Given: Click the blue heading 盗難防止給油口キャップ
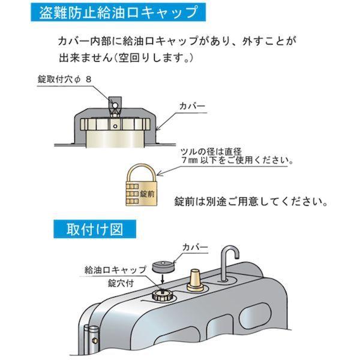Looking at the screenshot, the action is coord(118,12).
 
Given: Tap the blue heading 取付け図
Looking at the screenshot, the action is coord(95,229).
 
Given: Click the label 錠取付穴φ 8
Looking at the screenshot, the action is coord(65,79).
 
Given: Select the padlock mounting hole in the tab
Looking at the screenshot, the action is coord(115,106).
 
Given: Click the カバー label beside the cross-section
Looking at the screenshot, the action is coord(192,106).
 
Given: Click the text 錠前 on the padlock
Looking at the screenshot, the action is coord(147,194).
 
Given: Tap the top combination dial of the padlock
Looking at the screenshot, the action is coord(133,186).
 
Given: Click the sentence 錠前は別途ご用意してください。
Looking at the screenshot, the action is coord(251,202).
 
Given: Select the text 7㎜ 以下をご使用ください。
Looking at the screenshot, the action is coord(237,160).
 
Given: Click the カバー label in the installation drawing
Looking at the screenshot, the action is coord(195,247).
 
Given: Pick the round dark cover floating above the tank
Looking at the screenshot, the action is coord(163,266).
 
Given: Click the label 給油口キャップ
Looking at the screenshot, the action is coord(115,270).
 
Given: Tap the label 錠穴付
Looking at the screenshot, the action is coord(121,283).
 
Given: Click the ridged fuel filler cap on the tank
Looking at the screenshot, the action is coord(163,295).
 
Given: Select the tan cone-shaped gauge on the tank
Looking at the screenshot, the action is coord(195,280).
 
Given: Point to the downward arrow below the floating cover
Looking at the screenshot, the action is coord(163,278).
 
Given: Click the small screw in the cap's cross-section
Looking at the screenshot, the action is coord(115,126).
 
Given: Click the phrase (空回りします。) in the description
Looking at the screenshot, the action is coord(153,58).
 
